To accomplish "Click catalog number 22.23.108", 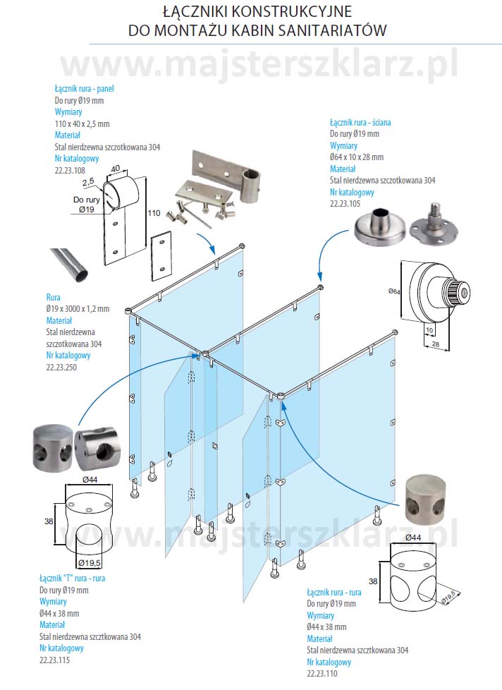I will pos(70,170).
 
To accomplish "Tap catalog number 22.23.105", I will pos(345,203).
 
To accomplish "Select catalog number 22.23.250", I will pos(61,367).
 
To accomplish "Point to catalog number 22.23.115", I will pos(55,660).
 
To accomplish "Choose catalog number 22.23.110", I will pos(322,674).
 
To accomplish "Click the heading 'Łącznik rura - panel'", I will pos(84,89).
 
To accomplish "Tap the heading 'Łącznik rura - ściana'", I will pos(360,122).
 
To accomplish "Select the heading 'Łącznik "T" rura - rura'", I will pos(73,579).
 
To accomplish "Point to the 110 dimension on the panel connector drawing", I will pos(154,213).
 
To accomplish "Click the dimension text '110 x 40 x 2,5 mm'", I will pos(82,123).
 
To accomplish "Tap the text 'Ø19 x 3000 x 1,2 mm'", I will pos(78,308).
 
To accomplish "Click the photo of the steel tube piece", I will pos(69,262).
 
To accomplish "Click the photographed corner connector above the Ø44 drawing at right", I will pos(425,500).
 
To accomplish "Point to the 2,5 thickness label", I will pos(88,182).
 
